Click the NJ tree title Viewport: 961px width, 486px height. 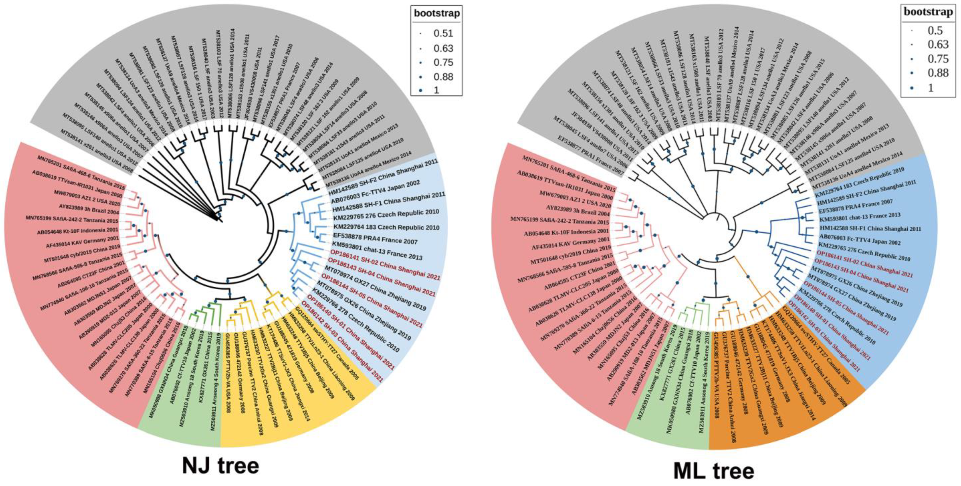click(x=220, y=466)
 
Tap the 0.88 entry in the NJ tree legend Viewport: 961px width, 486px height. click(x=443, y=77)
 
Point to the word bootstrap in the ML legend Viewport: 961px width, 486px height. click(x=928, y=12)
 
